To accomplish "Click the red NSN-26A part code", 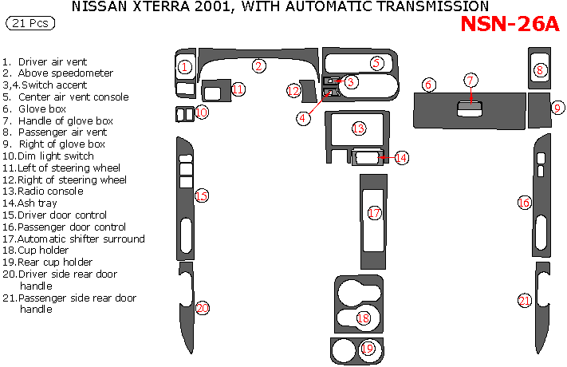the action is pyautogui.click(x=510, y=24).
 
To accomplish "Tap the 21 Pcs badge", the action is pyautogui.click(x=30, y=23).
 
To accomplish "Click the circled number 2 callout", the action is pyautogui.click(x=258, y=66).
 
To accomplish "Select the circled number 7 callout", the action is pyautogui.click(x=471, y=81).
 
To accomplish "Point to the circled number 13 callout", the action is pyautogui.click(x=359, y=128).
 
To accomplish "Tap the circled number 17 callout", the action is pyautogui.click(x=374, y=213).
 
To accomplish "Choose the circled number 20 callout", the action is pyautogui.click(x=202, y=308).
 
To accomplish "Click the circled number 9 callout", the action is pyautogui.click(x=557, y=108).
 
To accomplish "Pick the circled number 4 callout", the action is pyautogui.click(x=303, y=118).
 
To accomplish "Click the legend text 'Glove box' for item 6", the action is pyautogui.click(x=42, y=109).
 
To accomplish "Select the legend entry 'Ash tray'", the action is pyautogui.click(x=37, y=203).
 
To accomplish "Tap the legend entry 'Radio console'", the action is pyautogui.click(x=50, y=191).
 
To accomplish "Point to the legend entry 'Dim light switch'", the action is pyautogui.click(x=56, y=156).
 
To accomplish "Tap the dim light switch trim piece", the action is pyautogui.click(x=185, y=114).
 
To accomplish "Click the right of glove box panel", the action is pyautogui.click(x=539, y=110).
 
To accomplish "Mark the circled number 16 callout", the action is pyautogui.click(x=524, y=203).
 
